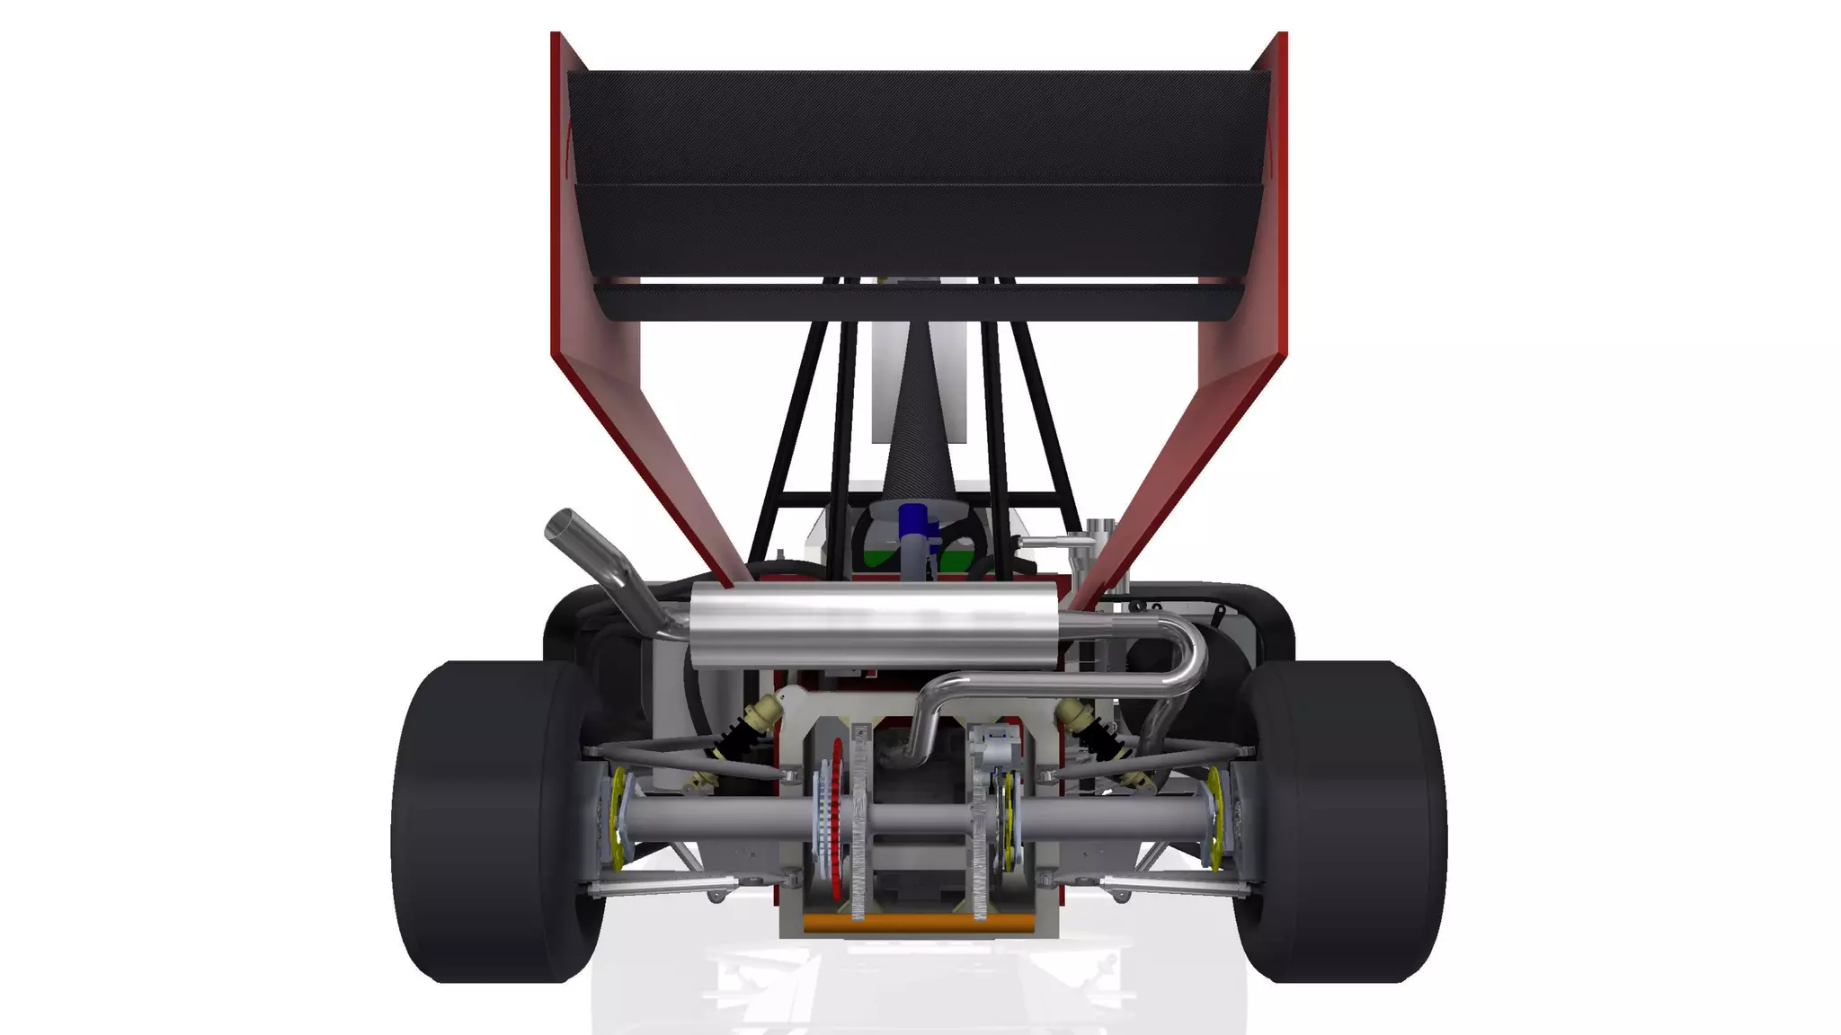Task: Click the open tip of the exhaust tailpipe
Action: point(566,523)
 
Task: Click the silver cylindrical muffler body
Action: point(872,624)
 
